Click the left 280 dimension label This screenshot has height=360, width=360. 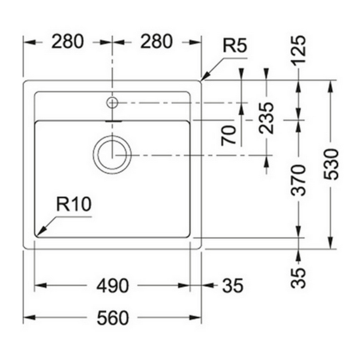pos(67,42)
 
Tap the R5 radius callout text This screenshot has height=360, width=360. pos(235,46)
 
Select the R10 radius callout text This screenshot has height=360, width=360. pos(74,204)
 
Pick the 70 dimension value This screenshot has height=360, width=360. pos(229,136)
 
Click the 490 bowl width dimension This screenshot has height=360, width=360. pos(113,286)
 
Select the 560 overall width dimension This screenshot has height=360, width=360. pos(113,318)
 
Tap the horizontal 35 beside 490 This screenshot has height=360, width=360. pos(233,286)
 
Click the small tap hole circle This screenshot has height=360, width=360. pos(112,103)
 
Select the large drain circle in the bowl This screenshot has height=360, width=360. pos(112,154)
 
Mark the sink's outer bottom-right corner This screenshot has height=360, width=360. pos(200,248)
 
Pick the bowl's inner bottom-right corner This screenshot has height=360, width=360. pos(190,236)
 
